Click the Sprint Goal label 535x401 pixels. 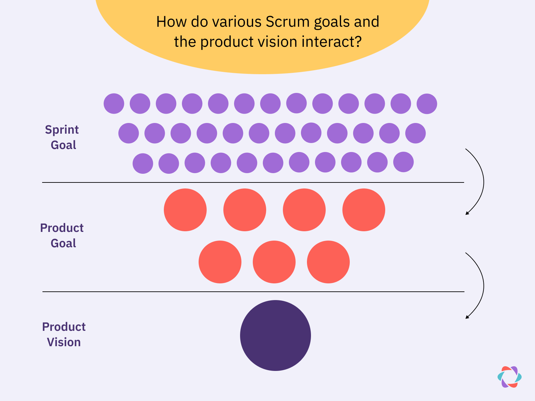(62, 137)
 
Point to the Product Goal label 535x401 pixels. (62, 236)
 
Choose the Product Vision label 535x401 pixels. (64, 335)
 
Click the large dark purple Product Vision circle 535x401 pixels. (276, 336)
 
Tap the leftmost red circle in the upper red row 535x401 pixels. (185, 210)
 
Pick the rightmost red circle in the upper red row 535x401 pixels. (364, 210)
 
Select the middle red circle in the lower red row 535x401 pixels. (274, 262)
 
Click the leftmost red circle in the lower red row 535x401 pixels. (220, 262)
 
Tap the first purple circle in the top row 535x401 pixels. (114, 104)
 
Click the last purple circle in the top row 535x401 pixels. (427, 104)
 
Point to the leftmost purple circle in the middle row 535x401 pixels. (129, 133)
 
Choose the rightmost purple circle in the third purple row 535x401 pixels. (404, 162)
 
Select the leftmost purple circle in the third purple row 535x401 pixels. (143, 163)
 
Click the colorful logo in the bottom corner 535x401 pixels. (510, 377)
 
